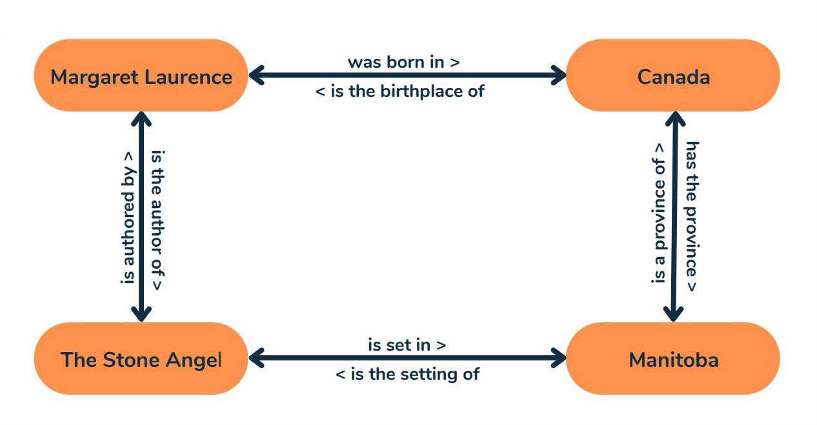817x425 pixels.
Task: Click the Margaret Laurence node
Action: [x=141, y=75]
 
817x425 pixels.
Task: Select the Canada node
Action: [x=673, y=75]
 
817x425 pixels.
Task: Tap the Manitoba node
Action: [x=673, y=358]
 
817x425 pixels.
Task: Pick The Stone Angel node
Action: [x=141, y=358]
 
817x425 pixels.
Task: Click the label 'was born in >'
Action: [x=404, y=62]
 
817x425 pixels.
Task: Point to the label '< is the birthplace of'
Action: [x=400, y=91]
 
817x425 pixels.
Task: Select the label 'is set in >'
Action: [x=407, y=345]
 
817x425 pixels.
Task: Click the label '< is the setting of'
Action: [x=407, y=374]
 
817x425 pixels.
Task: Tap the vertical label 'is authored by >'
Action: [x=128, y=218]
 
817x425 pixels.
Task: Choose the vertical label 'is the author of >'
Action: [x=157, y=220]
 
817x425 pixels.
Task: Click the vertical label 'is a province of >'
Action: [x=659, y=213]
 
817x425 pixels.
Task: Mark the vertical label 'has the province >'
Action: [x=692, y=216]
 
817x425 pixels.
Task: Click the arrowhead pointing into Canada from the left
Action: [x=558, y=75]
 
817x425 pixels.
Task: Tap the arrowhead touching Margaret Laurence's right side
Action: [x=257, y=75]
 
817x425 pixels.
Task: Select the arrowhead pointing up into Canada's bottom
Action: [x=675, y=119]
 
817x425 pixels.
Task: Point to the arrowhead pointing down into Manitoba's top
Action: [x=673, y=314]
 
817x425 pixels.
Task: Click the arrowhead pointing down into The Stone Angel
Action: [x=141, y=314]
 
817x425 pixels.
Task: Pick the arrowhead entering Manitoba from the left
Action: [x=558, y=358]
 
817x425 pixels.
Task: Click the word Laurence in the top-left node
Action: [x=188, y=77]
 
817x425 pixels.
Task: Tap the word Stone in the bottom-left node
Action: [x=131, y=360]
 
